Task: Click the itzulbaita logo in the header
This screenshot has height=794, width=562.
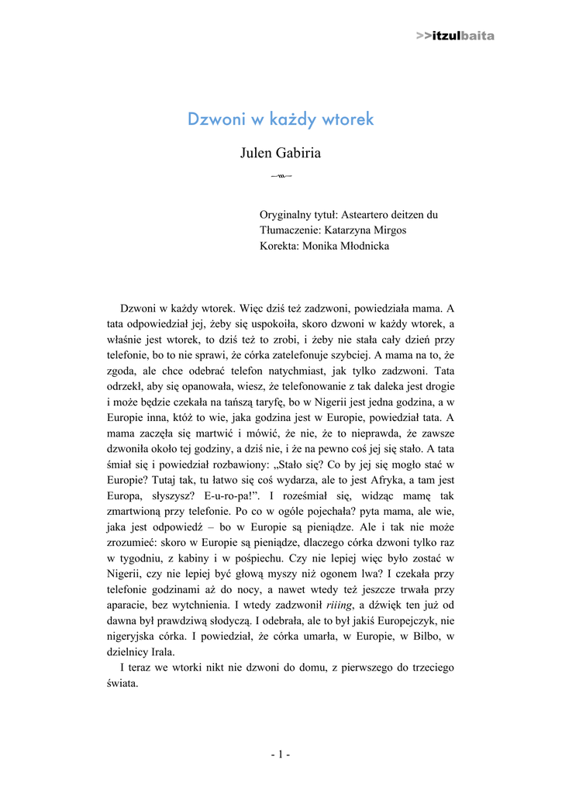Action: point(455,36)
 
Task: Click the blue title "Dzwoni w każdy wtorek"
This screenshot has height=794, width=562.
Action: point(281,119)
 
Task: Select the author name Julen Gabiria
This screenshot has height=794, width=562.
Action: point(281,153)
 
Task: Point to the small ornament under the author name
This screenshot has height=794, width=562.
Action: point(281,177)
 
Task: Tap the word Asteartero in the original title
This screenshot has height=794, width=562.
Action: point(369,214)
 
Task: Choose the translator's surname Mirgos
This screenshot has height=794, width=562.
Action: point(388,230)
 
